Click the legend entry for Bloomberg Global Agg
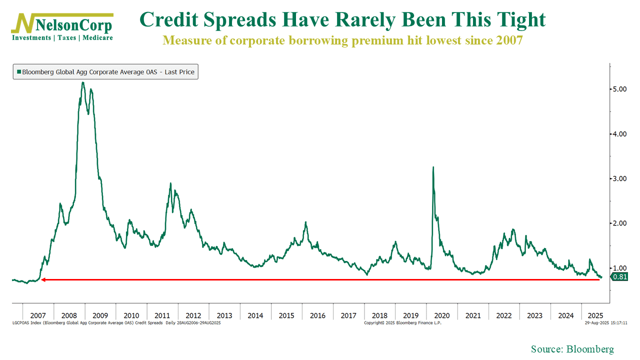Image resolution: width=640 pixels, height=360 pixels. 105,72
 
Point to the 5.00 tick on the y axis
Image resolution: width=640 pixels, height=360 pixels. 619,89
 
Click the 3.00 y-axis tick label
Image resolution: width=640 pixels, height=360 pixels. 619,178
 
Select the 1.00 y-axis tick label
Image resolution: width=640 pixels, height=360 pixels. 619,268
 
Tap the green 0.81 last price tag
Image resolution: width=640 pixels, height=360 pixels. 619,277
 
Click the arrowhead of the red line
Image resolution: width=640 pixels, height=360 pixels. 43,279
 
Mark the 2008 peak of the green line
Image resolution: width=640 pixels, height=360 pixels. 83,83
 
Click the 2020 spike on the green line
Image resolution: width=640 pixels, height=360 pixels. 433,167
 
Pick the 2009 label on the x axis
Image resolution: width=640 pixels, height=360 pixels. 100,315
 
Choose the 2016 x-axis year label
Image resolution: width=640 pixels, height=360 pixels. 317,315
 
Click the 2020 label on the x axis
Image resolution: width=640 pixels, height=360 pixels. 442,315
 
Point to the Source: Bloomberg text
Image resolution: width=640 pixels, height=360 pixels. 572,349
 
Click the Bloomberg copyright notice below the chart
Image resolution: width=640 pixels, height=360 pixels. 402,323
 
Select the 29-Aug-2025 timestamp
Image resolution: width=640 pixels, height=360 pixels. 606,323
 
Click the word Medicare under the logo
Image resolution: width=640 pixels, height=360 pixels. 97,38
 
